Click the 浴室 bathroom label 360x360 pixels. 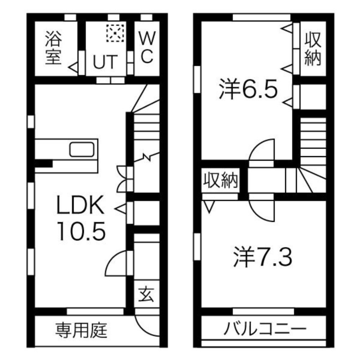[54, 48]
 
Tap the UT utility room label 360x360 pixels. [105, 62]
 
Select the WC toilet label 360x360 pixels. [147, 47]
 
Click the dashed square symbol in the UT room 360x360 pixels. [115, 33]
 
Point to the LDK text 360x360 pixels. [80, 205]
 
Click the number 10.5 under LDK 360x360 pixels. [82, 231]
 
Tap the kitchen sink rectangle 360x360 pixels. [82, 149]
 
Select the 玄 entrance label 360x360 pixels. [146, 294]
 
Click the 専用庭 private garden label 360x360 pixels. [81, 330]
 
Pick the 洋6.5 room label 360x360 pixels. [248, 89]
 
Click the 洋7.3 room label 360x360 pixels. [263, 257]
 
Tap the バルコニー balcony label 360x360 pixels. [265, 328]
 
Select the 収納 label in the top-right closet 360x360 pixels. [313, 49]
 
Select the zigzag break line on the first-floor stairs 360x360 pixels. [147, 157]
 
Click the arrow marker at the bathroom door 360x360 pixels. [73, 67]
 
